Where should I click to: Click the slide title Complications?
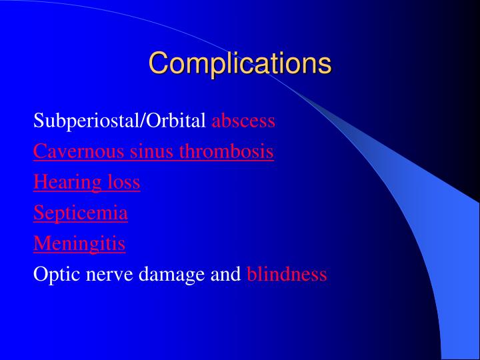click(239, 64)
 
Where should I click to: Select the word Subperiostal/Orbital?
click(120, 121)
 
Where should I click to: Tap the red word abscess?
click(243, 121)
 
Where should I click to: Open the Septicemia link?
click(81, 213)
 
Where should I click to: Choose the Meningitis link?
click(79, 244)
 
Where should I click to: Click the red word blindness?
click(287, 275)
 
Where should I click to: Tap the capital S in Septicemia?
click(38, 213)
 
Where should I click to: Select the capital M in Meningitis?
click(40, 244)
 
